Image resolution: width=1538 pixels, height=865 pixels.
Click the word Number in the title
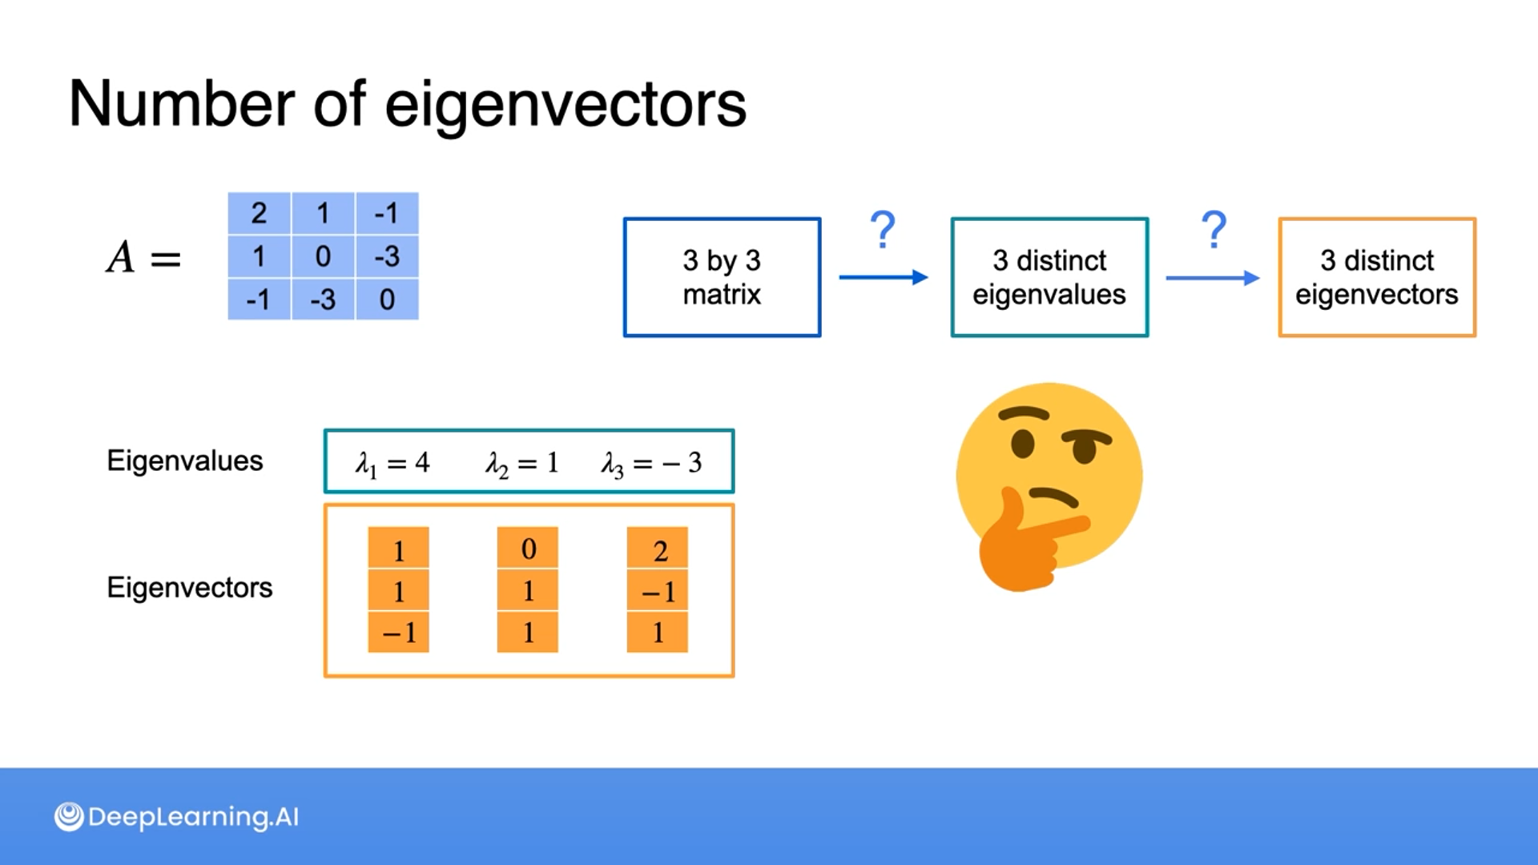pyautogui.click(x=182, y=104)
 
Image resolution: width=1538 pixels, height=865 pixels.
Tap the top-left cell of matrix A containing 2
pyautogui.click(x=259, y=213)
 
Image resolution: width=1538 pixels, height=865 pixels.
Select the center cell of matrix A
pyautogui.click(x=323, y=256)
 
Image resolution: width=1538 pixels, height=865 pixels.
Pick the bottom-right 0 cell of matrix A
pyautogui.click(x=387, y=300)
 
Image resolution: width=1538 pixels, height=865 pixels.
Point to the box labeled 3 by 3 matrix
pyautogui.click(x=722, y=277)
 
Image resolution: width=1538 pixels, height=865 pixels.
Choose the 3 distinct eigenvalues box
pyautogui.click(x=1049, y=277)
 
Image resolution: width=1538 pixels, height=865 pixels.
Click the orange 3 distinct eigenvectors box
pyautogui.click(x=1377, y=277)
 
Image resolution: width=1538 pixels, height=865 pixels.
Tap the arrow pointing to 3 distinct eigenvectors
pyautogui.click(x=1212, y=278)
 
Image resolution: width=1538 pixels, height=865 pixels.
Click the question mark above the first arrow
pyautogui.click(x=883, y=231)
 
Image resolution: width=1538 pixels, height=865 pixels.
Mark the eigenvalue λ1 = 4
pyautogui.click(x=393, y=463)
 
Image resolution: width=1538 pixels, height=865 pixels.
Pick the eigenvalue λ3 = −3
pyautogui.click(x=652, y=463)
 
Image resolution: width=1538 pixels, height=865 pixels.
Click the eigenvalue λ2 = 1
pyautogui.click(x=521, y=463)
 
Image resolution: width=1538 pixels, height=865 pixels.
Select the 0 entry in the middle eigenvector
pyautogui.click(x=528, y=549)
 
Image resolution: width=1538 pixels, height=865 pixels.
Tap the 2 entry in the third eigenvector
pyautogui.click(x=658, y=551)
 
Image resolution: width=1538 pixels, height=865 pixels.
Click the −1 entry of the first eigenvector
pyautogui.click(x=399, y=633)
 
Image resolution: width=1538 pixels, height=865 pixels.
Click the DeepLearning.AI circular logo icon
pyautogui.click(x=69, y=817)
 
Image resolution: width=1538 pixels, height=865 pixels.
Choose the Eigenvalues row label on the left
pyautogui.click(x=185, y=461)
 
